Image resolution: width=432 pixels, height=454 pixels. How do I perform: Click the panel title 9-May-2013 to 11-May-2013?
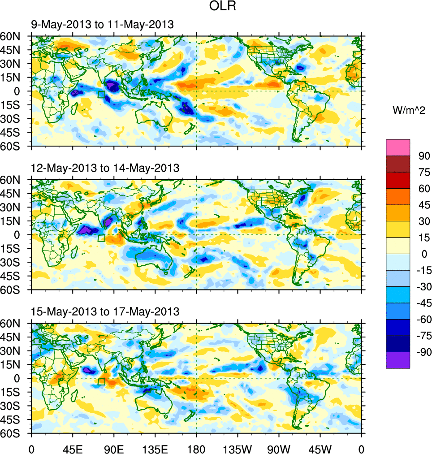click(102, 25)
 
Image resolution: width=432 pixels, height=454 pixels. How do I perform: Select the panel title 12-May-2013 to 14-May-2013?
click(105, 168)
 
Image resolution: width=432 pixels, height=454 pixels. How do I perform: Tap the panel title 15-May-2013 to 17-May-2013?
click(105, 311)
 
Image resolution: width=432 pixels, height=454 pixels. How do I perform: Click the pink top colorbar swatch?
click(397, 147)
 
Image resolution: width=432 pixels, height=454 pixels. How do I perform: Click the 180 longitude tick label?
click(196, 448)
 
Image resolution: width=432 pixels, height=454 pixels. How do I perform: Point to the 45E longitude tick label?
click(73, 448)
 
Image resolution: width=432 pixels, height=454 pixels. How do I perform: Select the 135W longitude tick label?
click(238, 448)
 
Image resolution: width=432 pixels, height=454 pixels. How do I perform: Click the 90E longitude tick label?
click(114, 448)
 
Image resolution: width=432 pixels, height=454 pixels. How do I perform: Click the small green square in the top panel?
click(101, 94)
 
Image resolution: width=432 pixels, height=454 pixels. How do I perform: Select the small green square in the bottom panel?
click(101, 381)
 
